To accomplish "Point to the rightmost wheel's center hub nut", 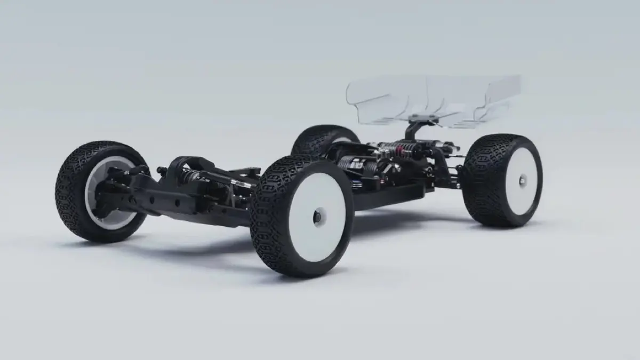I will click(521, 182).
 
